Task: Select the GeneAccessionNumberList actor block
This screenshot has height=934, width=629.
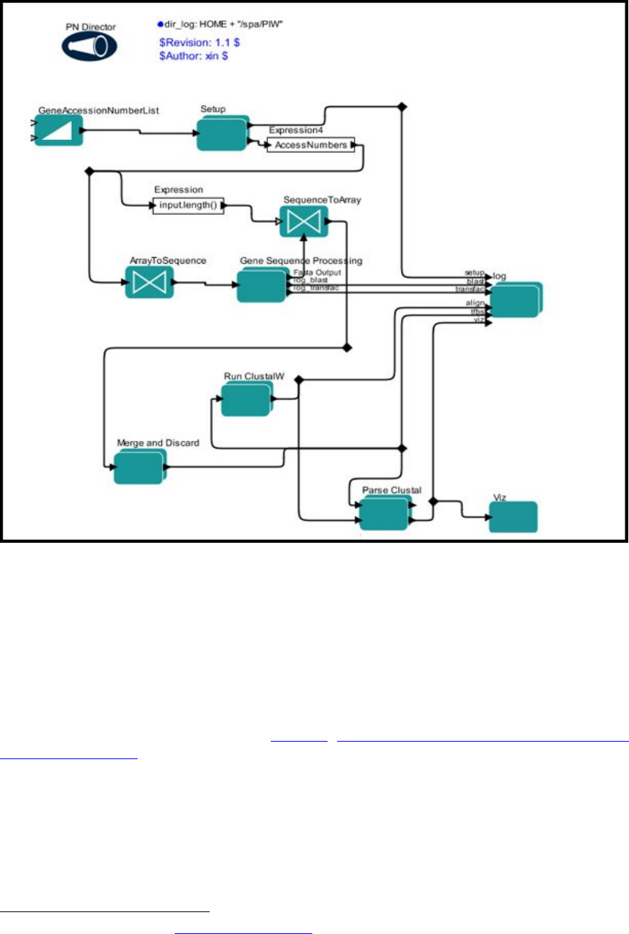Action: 57,132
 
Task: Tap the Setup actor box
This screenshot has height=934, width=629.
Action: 222,133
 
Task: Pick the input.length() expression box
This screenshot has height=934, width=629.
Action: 186,206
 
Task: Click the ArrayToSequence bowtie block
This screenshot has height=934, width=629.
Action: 149,281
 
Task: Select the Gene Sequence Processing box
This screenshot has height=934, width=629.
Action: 261,286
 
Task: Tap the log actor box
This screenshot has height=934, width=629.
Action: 515,299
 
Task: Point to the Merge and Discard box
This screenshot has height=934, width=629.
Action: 138,467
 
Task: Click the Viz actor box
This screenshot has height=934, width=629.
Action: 513,517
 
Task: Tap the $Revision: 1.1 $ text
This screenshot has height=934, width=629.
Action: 199,43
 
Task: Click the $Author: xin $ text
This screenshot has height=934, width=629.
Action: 194,56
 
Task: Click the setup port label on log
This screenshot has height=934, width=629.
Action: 474,272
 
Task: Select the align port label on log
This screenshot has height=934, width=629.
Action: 475,302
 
